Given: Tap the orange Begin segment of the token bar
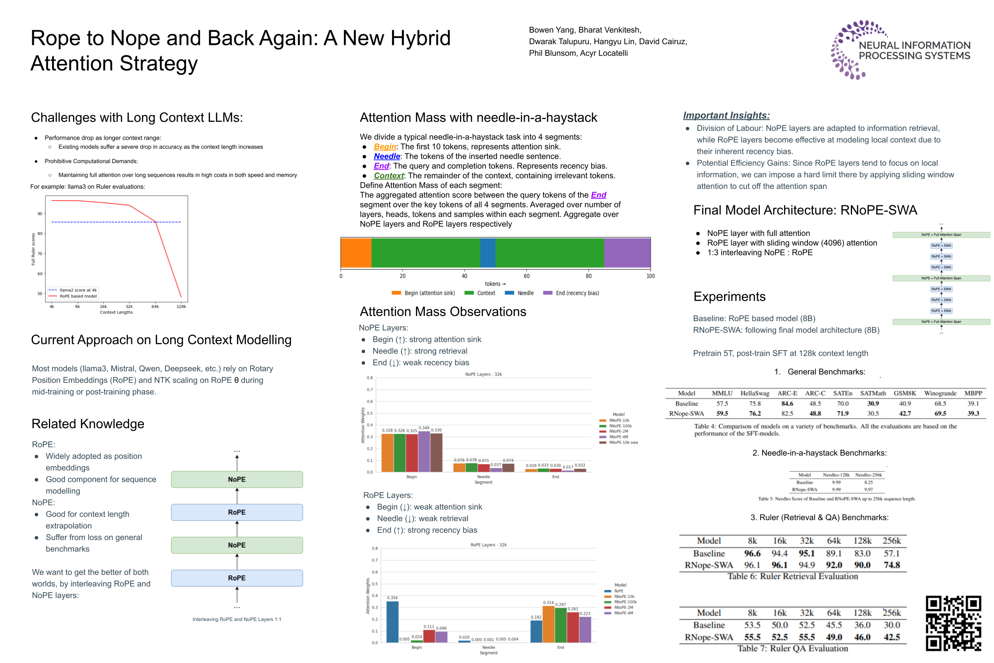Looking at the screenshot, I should pos(356,252).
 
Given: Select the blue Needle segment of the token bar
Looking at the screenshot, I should pos(487,252).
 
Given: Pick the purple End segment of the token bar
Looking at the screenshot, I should pos(627,252).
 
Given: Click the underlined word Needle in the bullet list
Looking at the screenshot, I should pos(386,156).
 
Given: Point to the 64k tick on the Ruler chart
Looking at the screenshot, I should pos(155,306).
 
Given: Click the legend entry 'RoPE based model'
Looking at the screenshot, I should pos(78,296).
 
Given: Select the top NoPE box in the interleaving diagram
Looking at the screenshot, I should pos(237,479).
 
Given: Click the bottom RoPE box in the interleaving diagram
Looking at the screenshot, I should pos(237,577).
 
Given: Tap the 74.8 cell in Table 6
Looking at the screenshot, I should pos(891,565).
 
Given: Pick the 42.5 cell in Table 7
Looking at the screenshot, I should pos(891,637).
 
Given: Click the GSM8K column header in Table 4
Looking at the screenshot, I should pos(905,393).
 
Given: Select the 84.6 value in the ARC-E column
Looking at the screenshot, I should pos(786,404).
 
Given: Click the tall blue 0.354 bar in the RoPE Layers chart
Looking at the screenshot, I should pos(392,621).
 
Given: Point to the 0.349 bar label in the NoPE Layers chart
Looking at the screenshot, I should pos(424,428).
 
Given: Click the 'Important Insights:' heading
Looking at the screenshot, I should pos(726,115).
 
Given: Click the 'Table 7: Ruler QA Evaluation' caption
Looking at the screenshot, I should pos(792,648).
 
